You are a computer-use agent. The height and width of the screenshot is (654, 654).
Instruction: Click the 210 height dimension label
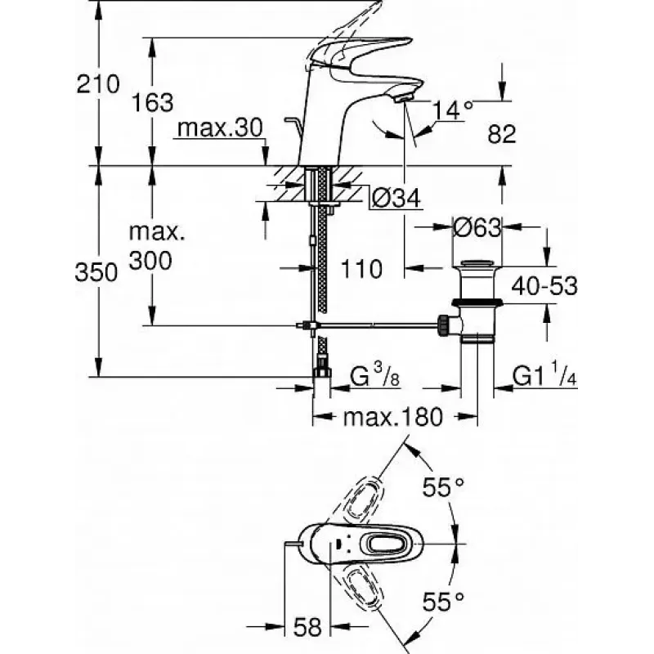98,84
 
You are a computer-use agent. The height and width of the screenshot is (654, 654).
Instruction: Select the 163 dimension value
152,103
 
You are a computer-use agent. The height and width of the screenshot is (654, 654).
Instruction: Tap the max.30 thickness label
220,128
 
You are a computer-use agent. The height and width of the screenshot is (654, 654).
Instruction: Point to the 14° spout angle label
452,110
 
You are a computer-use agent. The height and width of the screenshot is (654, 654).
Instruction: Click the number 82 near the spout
502,134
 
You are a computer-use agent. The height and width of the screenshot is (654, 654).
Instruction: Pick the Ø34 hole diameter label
396,198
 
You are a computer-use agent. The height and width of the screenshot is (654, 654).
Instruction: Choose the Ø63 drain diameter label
477,228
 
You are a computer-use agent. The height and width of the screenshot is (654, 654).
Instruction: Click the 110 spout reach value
361,269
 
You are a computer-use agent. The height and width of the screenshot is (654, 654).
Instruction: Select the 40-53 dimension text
544,286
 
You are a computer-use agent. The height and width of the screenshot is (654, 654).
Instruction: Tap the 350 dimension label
96,273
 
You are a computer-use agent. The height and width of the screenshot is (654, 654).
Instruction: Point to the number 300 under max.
150,261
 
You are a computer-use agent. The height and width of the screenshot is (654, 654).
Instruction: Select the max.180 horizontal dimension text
392,417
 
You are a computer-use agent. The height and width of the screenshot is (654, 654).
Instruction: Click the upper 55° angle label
443,486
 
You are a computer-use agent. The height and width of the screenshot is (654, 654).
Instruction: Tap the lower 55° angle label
443,602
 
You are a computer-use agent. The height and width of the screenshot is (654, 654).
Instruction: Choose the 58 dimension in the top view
308,627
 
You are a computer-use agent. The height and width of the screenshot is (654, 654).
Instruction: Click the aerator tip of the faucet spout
404,98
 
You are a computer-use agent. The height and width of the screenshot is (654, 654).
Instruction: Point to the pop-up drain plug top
477,263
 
